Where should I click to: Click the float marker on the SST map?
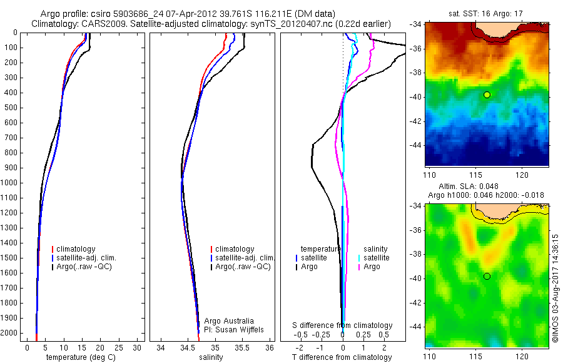(x=487, y=95)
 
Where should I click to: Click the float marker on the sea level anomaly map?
(x=487, y=276)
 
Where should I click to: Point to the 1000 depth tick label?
(x=9, y=183)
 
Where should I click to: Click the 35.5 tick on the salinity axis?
(x=242, y=347)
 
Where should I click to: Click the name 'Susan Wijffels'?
(x=233, y=329)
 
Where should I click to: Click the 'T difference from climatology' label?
(x=342, y=357)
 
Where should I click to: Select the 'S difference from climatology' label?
(x=343, y=325)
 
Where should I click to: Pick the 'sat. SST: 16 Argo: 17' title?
(x=485, y=13)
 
